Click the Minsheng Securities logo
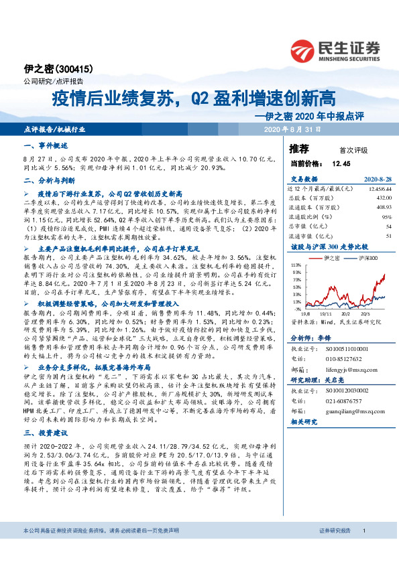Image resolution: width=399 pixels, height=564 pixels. [335, 48]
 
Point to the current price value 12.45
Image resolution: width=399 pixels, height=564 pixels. [341, 163]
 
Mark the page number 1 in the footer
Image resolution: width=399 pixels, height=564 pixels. [363, 549]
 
